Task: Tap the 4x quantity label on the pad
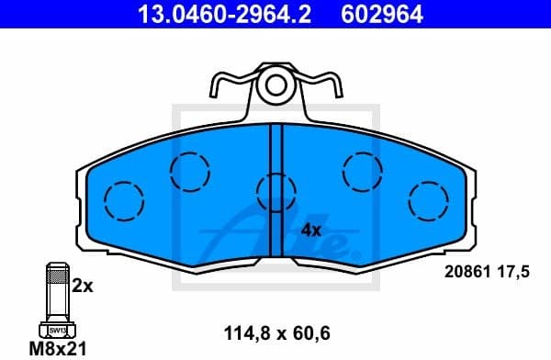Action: [x=310, y=230]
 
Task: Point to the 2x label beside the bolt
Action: [x=83, y=286]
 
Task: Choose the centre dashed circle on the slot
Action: [x=275, y=192]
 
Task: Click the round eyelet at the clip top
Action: [x=275, y=87]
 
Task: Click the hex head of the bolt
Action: [x=57, y=329]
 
